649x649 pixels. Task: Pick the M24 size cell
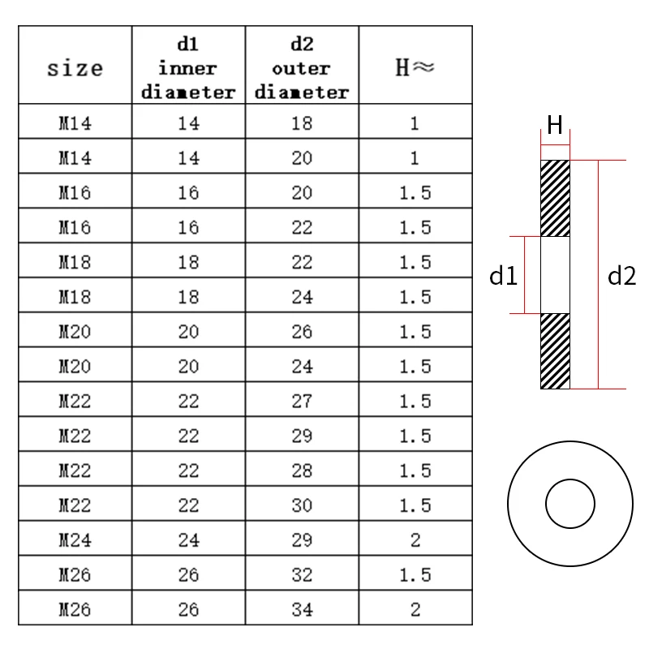(x=75, y=540)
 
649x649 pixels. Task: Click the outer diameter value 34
(x=302, y=609)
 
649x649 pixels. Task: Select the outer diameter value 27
(x=302, y=402)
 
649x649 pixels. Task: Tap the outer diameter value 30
(x=302, y=505)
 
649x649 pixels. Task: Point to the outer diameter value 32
(x=302, y=575)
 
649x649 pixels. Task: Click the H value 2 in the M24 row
(x=415, y=540)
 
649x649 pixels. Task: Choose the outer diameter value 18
(x=302, y=124)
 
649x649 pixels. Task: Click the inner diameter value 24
(x=188, y=540)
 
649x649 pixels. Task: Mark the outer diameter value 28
(x=302, y=471)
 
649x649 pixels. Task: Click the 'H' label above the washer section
(x=555, y=126)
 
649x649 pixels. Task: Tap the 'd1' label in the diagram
(x=503, y=277)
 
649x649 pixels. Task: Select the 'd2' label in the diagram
(x=622, y=277)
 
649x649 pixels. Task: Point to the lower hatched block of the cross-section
(x=556, y=350)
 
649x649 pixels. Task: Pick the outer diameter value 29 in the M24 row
(x=302, y=540)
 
